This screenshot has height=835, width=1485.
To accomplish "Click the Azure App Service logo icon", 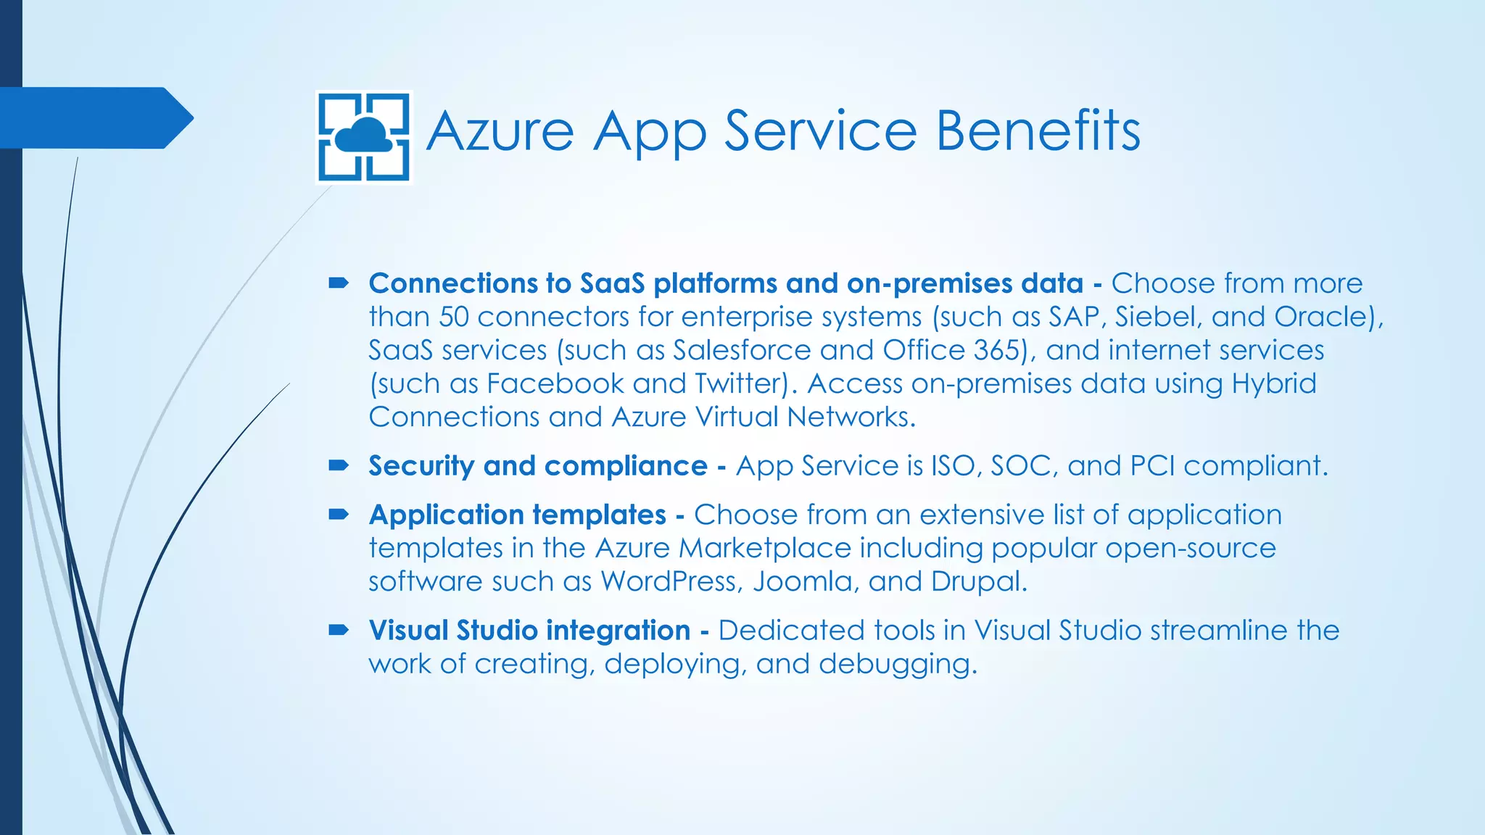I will pyautogui.click(x=365, y=136).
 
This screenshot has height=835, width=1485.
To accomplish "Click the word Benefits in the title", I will pyautogui.click(x=1038, y=131).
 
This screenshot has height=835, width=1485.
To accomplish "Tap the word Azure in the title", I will pyautogui.click(x=500, y=131).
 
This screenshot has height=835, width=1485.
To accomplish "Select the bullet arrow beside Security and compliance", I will pyautogui.click(x=339, y=465).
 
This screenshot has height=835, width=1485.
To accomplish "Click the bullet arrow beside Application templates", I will pyautogui.click(x=339, y=515).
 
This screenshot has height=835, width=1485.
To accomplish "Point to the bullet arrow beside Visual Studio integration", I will pyautogui.click(x=339, y=630).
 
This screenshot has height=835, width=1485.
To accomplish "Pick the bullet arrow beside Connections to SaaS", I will pyautogui.click(x=339, y=283).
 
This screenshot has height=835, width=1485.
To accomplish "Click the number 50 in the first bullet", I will pyautogui.click(x=454, y=317).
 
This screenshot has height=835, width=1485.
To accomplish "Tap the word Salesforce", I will pyautogui.click(x=742, y=350).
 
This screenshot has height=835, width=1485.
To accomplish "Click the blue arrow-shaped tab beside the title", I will pyautogui.click(x=94, y=117).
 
